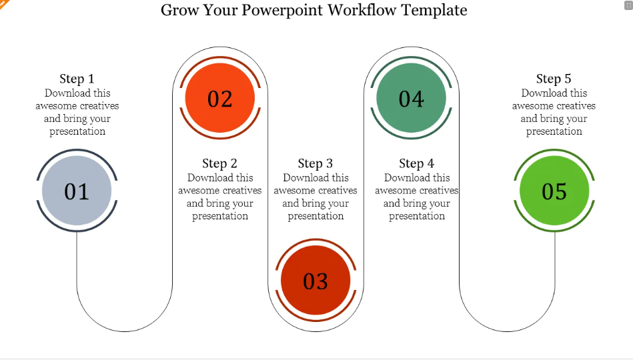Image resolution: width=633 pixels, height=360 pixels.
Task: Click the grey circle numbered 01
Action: [77, 191]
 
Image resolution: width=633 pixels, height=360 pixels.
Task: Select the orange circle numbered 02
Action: [220, 98]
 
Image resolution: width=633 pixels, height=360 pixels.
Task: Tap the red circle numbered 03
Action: [315, 280]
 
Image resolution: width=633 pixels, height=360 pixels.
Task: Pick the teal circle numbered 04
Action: [412, 98]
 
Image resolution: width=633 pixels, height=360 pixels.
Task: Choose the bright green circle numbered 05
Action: [554, 191]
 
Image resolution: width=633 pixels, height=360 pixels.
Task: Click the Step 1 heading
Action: [77, 79]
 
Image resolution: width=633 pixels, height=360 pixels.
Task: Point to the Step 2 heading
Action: [219, 163]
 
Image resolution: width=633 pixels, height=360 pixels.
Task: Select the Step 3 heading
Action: [315, 163]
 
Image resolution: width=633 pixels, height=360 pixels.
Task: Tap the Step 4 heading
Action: [417, 163]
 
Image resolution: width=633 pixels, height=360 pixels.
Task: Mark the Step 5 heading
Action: [554, 79]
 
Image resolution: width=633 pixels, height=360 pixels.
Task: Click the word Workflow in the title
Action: [362, 10]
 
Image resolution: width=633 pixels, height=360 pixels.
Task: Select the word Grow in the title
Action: [179, 10]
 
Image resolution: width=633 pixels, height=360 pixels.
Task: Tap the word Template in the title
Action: [434, 11]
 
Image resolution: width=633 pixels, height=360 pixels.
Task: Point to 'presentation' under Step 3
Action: [315, 216]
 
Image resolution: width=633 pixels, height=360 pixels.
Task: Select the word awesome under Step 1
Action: [53, 106]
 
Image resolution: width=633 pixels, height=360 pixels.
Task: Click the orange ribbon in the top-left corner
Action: [3, 4]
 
